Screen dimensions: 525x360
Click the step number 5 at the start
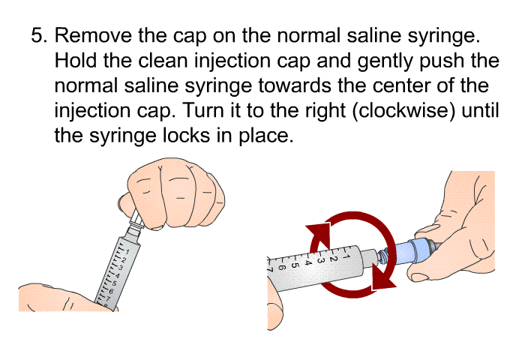[39, 35]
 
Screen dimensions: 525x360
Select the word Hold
[75, 60]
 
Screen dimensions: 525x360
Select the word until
[480, 110]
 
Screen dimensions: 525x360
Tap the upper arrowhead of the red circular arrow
[320, 235]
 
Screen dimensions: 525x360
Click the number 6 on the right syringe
[282, 268]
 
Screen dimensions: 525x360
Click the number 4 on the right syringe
[308, 263]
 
